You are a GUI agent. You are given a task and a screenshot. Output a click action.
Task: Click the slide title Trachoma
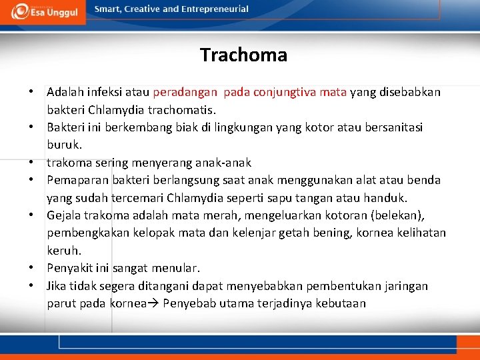(x=243, y=55)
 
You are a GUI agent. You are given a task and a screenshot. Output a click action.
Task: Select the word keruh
(x=64, y=251)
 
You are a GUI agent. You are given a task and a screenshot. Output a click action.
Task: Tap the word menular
(x=177, y=269)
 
